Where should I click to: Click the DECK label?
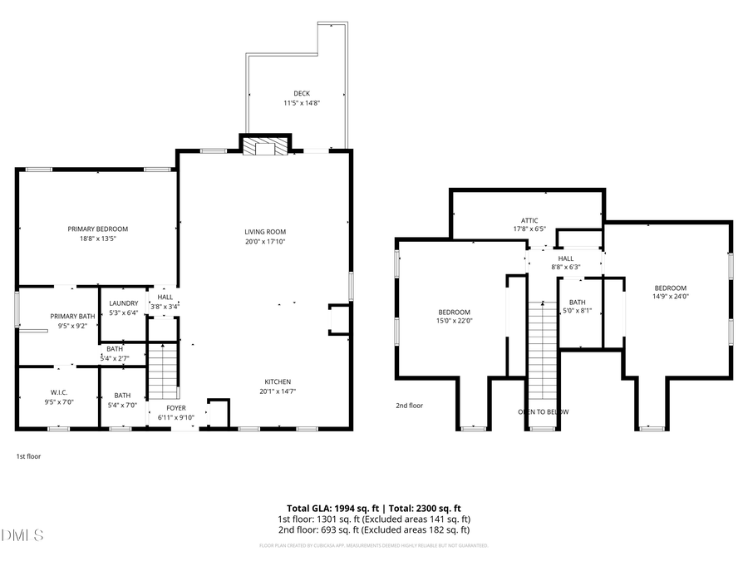(x=301, y=93)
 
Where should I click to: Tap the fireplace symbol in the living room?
(x=265, y=147)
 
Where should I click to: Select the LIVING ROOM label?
(x=265, y=232)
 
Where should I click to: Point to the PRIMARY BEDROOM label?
(x=98, y=229)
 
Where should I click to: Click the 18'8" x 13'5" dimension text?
(x=98, y=239)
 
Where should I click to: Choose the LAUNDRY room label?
(x=123, y=303)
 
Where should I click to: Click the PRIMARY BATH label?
(x=72, y=316)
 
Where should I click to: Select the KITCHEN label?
(x=278, y=381)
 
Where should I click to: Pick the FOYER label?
(x=176, y=408)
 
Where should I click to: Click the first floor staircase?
(x=164, y=372)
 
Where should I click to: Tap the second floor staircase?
(x=542, y=349)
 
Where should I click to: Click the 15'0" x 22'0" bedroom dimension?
(x=455, y=322)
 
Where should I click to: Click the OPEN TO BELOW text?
(x=544, y=411)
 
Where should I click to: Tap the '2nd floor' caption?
(x=409, y=406)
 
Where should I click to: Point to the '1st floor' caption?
(x=28, y=456)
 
